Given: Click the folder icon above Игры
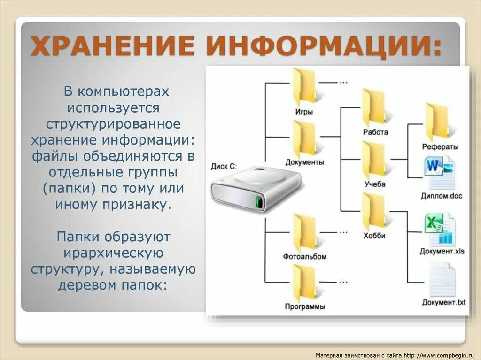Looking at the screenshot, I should [x=304, y=87].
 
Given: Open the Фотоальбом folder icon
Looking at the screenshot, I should [x=304, y=233].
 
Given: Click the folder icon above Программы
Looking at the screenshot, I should [x=304, y=283].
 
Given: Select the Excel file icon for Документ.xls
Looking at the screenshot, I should [x=440, y=229].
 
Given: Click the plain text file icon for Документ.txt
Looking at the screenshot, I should [x=442, y=280].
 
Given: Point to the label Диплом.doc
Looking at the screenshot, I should [x=441, y=196].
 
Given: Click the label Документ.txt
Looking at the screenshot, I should [x=443, y=302].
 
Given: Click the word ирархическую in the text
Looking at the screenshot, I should [x=113, y=253].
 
